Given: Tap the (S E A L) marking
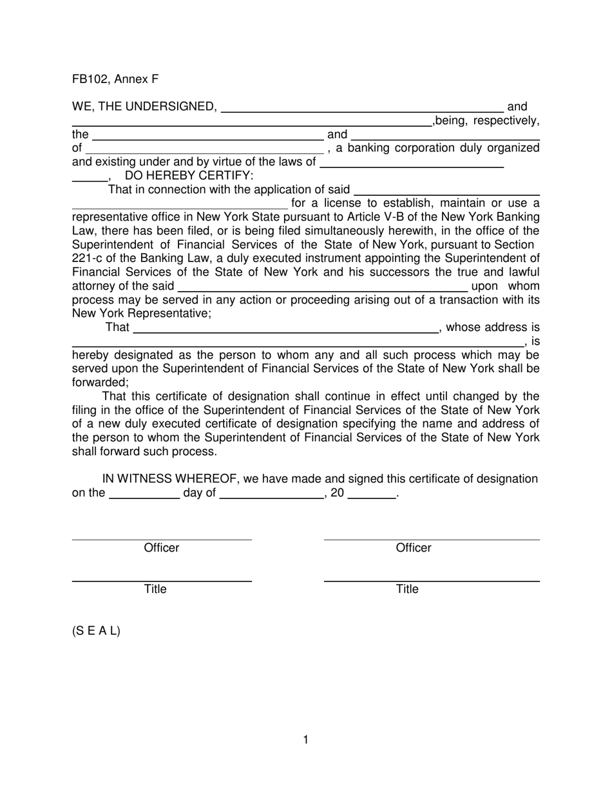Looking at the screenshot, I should [96, 631].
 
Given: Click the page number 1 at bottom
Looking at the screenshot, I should [305, 740].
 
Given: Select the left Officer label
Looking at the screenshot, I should [161, 548].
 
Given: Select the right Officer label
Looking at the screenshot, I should [414, 548].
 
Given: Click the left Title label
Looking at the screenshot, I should [155, 589].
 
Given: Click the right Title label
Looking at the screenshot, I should [407, 589].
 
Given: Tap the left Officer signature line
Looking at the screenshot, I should [161, 539].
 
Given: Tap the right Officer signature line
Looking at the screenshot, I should [432, 539].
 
